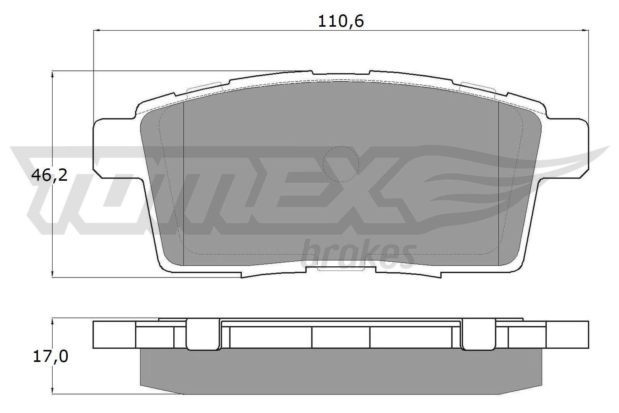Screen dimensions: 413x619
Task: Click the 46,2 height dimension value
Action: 49,176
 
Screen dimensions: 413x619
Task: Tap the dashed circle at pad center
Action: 341,164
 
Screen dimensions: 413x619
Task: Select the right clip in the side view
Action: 479,334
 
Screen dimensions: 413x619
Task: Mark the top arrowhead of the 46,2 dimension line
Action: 52,74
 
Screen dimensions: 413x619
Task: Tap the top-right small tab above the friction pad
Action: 478,87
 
